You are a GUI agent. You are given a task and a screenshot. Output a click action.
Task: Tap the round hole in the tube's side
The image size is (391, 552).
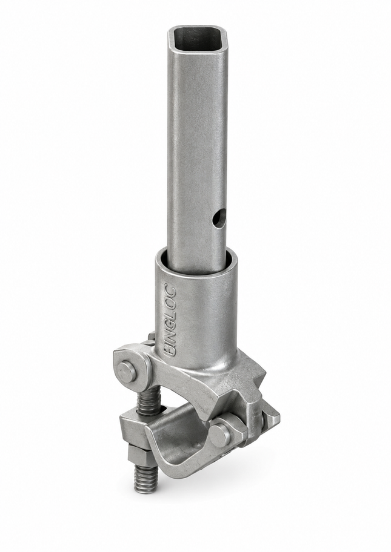(219, 217)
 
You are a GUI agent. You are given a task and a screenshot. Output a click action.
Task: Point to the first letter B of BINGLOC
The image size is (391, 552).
(169, 352)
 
